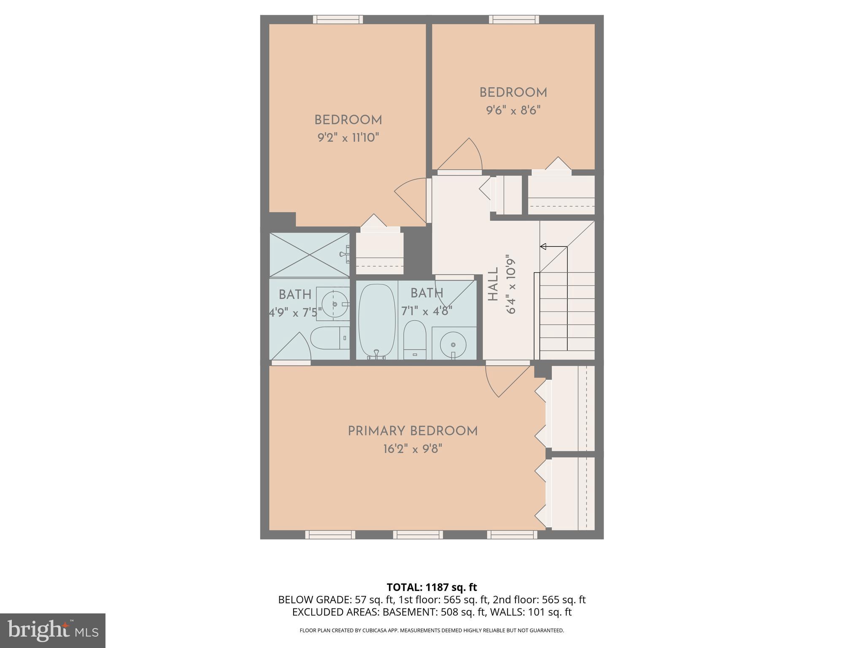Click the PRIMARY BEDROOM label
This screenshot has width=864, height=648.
(412, 431)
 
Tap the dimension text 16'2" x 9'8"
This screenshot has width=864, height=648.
(412, 449)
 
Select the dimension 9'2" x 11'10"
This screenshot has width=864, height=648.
(348, 138)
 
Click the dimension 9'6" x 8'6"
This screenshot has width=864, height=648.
(513, 110)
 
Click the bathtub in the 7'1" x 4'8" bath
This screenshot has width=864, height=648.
(377, 321)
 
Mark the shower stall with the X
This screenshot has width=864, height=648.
(309, 254)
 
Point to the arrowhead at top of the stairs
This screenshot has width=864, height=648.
(543, 246)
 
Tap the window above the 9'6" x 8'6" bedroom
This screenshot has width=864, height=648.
(513, 19)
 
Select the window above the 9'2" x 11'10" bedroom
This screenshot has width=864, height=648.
(337, 19)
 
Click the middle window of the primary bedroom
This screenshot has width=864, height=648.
(418, 535)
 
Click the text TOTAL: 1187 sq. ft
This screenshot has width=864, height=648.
(432, 587)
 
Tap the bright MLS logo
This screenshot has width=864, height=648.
(53, 631)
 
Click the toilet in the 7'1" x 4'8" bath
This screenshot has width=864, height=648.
(414, 340)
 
